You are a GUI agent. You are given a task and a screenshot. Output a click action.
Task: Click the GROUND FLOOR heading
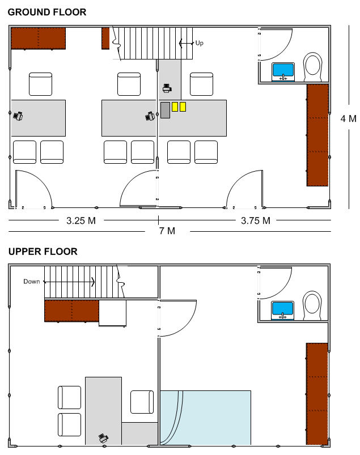point(47,12)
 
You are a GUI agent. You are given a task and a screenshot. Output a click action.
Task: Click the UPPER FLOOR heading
point(43,252)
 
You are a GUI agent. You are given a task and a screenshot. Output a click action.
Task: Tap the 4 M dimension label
point(348,118)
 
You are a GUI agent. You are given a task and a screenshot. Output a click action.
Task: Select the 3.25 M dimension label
point(81,220)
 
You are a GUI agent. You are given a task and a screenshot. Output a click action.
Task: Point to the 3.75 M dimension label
point(255,220)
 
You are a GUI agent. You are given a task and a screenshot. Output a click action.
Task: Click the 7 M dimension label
point(167,231)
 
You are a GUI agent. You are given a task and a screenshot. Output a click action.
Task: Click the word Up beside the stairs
point(199,43)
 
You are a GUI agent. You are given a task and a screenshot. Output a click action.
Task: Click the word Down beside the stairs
point(31,282)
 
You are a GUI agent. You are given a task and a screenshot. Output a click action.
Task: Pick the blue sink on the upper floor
point(283,310)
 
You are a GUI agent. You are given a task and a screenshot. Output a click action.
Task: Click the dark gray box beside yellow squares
point(165,110)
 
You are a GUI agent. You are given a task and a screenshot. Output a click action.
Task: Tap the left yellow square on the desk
point(175,107)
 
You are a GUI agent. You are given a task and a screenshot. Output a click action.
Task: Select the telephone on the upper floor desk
point(103,437)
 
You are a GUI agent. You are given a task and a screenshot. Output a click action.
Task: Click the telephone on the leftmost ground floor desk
point(18,116)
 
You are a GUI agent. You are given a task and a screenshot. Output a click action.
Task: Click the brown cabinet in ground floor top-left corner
point(39,39)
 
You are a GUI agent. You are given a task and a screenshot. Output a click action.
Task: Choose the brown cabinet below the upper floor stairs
point(71,311)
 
